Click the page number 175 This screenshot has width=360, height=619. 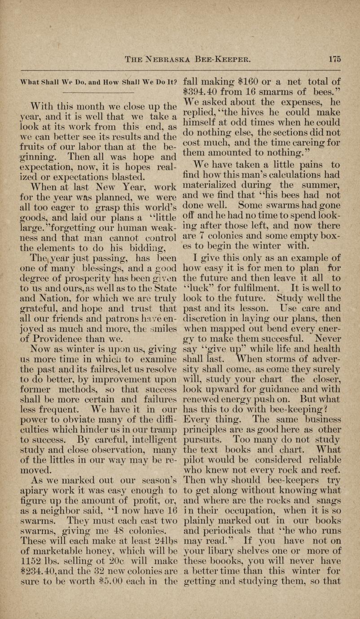[x=335, y=59]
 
